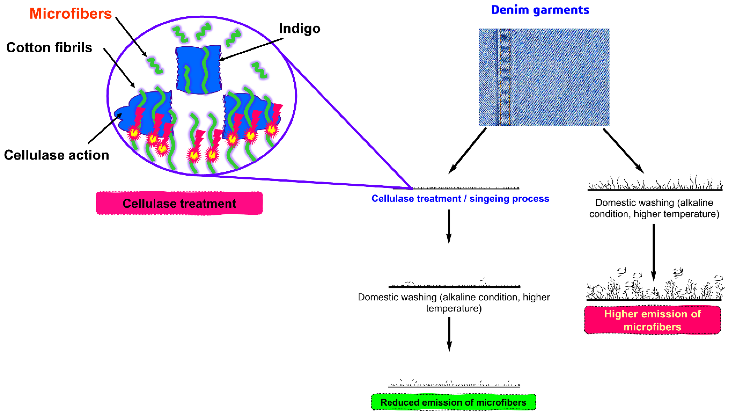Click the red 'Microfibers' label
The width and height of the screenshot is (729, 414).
pyautogui.click(x=70, y=14)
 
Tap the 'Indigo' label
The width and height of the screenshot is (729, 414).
pyautogui.click(x=299, y=28)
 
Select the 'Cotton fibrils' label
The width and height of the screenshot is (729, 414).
pyautogui.click(x=49, y=47)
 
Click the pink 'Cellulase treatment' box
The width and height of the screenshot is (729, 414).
pyautogui.click(x=179, y=203)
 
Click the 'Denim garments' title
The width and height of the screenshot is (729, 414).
pyautogui.click(x=540, y=10)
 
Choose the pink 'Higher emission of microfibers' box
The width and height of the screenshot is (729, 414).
pyautogui.click(x=652, y=320)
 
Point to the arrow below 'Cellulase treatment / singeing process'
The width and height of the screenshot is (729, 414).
pyautogui.click(x=449, y=226)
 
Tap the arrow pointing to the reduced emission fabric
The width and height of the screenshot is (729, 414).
pyautogui.click(x=449, y=334)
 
